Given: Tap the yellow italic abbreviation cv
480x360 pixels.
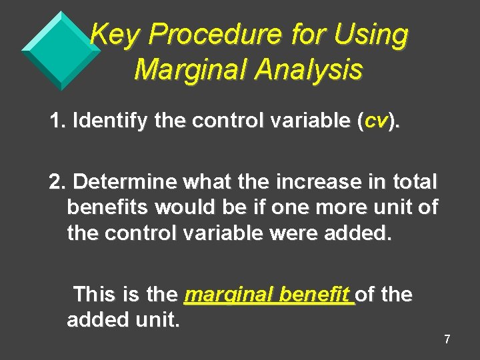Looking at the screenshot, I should tap(376, 121).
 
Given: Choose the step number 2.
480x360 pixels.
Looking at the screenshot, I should tap(57, 181).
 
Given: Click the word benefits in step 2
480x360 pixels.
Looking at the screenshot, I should tap(108, 207).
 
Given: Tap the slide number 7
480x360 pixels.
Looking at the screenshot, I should tap(447, 340).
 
